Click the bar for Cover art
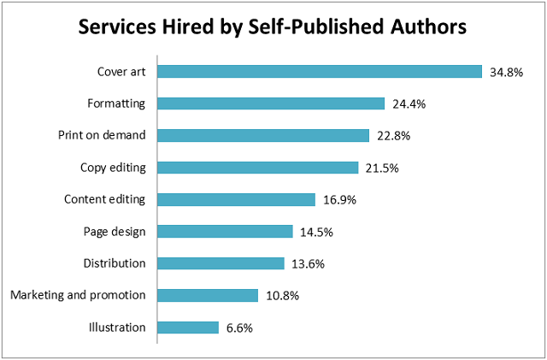[320, 71]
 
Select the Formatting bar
[271, 103]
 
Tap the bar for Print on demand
[263, 135]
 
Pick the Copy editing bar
[257, 168]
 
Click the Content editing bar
[236, 199]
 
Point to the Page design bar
[225, 231]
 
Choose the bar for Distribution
[221, 263]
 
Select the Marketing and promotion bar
[208, 295]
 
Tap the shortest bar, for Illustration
[188, 327]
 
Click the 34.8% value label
[506, 72]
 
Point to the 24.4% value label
[409, 103]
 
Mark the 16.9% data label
[338, 200]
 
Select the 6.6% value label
[239, 328]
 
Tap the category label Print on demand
[102, 135]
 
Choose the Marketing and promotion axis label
[78, 295]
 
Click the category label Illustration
[117, 327]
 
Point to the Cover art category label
[122, 71]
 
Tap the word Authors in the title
[426, 27]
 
